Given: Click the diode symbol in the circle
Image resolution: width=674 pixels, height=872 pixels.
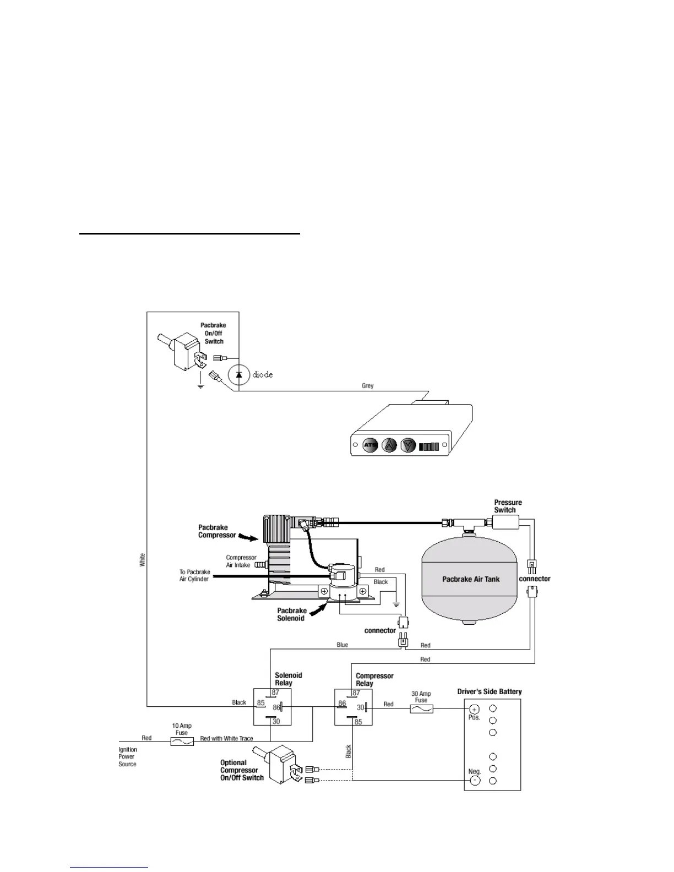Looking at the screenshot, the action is [x=238, y=374].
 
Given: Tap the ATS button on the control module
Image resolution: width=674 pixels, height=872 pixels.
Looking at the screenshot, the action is [x=369, y=445].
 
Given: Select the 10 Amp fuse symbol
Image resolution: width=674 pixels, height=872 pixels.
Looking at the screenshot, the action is [x=182, y=742].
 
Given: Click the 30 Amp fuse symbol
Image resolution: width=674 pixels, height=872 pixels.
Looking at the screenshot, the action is [x=421, y=709].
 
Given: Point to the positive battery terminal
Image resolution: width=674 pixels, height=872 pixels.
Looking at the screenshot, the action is [x=474, y=709].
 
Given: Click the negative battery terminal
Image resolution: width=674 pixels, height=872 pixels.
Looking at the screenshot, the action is [x=475, y=780].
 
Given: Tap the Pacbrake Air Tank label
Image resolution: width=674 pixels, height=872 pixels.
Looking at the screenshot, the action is [x=471, y=579].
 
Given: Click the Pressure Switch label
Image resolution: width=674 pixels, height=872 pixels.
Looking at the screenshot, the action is [x=508, y=506].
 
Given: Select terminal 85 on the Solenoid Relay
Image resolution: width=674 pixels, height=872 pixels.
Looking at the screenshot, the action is [x=260, y=703].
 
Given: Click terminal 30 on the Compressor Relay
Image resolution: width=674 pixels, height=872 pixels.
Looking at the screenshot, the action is [x=360, y=707].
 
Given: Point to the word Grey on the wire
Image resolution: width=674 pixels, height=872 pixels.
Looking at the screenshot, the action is [x=367, y=386].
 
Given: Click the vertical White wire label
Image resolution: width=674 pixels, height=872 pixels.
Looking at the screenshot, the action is [x=143, y=560].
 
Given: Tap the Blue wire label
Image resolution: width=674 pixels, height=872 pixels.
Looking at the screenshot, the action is [x=342, y=645].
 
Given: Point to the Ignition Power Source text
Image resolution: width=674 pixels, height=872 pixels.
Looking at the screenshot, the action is [x=128, y=757].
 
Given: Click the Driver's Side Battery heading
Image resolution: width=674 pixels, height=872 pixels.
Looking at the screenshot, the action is [x=490, y=691].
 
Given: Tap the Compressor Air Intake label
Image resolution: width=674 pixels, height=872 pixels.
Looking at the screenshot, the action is [x=241, y=561].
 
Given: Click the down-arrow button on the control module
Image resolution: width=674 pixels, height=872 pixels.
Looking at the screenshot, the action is [x=407, y=445].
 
